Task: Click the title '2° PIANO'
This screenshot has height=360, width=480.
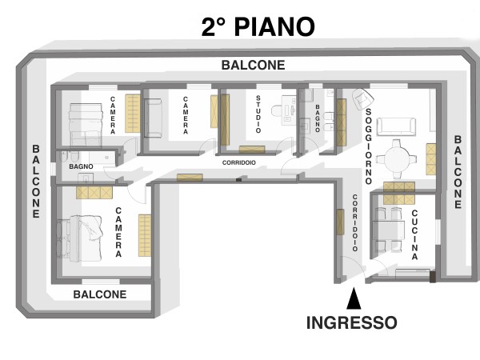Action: click(258, 27)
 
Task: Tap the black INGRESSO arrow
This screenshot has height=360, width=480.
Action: click(354, 298)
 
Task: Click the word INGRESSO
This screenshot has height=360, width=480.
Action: click(352, 322)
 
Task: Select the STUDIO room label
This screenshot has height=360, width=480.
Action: click(258, 114)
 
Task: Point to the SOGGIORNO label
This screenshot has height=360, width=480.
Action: click(369, 146)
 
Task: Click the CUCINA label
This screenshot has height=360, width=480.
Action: click(414, 234)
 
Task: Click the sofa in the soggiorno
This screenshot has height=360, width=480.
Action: click(397, 126)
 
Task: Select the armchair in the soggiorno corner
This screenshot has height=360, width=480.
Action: click(362, 98)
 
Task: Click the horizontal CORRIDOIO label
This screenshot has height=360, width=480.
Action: click(238, 162)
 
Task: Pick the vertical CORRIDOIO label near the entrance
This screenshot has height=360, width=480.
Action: click(354, 222)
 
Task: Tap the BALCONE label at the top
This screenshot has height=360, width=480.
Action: click(253, 66)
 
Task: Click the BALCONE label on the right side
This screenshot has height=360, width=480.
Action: click(458, 172)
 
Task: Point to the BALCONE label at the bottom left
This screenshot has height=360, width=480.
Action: click(100, 294)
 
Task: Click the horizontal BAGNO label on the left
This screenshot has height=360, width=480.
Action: click(81, 166)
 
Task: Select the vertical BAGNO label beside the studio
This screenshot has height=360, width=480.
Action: click(318, 118)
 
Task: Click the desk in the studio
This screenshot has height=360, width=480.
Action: click(289, 110)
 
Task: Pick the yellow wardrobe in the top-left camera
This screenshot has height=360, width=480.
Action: click(133, 114)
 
